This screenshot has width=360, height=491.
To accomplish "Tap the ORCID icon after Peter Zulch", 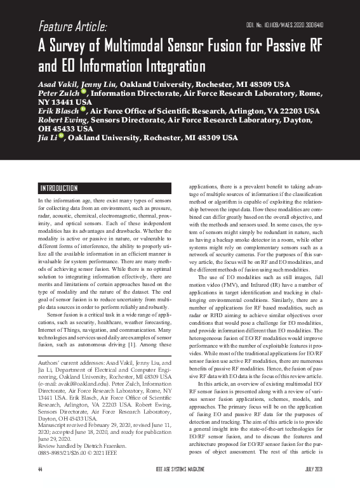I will click(83, 93).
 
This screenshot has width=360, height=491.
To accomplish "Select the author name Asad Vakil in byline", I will click(58, 84).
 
